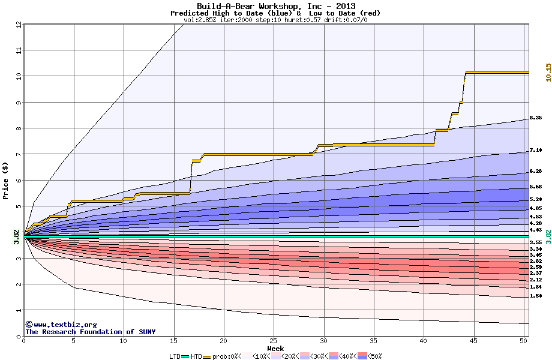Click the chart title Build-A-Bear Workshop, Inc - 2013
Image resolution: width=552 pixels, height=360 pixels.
pos(275,7)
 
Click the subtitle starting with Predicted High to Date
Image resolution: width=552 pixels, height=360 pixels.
pos(275,13)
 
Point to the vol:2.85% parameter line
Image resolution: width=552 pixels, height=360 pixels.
pos(275,20)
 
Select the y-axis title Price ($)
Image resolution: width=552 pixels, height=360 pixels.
pos(5,181)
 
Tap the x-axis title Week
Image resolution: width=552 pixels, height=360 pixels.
pos(275,349)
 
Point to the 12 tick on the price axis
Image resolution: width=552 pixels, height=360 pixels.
pos(18,25)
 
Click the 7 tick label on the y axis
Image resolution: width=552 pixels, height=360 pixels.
pos(18,154)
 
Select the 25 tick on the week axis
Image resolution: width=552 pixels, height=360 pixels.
pos(274,341)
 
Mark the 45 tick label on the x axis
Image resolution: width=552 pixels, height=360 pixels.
pos(473,341)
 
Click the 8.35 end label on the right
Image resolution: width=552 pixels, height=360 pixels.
pos(536,118)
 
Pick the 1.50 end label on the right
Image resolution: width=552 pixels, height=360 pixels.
pos(536,296)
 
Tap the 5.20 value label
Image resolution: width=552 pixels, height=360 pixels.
pos(536,199)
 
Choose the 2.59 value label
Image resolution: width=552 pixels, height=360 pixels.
pos(536,267)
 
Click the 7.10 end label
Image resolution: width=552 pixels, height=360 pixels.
pos(536,151)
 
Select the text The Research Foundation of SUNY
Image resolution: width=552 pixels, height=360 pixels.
pos(90,332)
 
